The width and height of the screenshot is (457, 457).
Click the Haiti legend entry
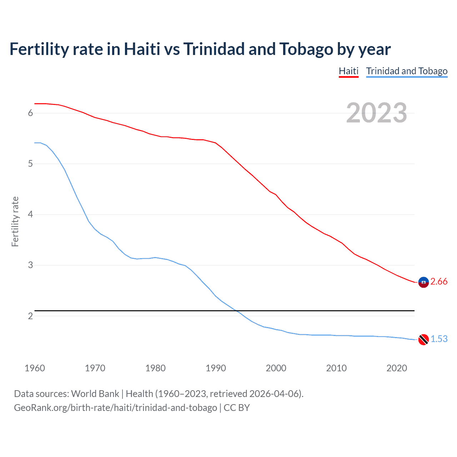pyautogui.click(x=348, y=71)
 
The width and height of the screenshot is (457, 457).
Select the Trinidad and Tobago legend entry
pyautogui.click(x=407, y=71)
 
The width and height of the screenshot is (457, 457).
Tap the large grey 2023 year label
pyautogui.click(x=376, y=113)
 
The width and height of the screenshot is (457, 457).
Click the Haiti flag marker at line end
pyautogui.click(x=423, y=282)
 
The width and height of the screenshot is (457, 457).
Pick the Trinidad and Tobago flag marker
pyautogui.click(x=423, y=340)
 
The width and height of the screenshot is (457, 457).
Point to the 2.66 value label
pyautogui.click(x=439, y=282)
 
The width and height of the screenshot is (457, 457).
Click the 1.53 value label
pyautogui.click(x=439, y=339)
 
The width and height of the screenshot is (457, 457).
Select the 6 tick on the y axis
pyautogui.click(x=30, y=113)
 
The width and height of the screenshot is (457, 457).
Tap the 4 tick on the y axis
pyautogui.click(x=30, y=215)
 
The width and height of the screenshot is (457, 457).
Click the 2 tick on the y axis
pyautogui.click(x=30, y=316)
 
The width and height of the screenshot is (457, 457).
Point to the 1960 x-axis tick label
pyautogui.click(x=35, y=368)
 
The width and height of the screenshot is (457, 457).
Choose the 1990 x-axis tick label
pyautogui.click(x=216, y=368)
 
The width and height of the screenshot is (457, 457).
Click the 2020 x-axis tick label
pyautogui.click(x=397, y=368)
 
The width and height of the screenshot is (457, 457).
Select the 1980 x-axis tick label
pyautogui.click(x=155, y=368)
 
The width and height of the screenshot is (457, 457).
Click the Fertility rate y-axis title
pyautogui.click(x=15, y=221)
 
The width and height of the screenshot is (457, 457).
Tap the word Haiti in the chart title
pyautogui.click(x=142, y=49)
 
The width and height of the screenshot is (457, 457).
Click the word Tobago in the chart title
pyautogui.click(x=306, y=49)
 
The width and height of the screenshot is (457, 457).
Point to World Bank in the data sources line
pyautogui.click(x=95, y=394)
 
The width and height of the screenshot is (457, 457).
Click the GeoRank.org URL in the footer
pyautogui.click(x=115, y=408)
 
